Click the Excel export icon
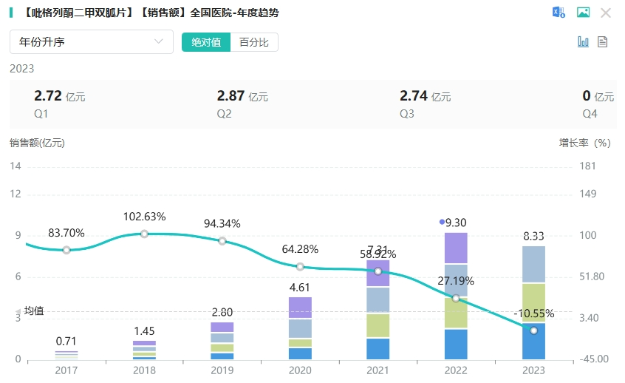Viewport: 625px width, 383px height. [x=559, y=13]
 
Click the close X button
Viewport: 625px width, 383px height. [x=606, y=13]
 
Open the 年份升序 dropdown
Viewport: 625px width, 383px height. [x=91, y=42]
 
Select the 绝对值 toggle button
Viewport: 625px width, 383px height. [x=206, y=42]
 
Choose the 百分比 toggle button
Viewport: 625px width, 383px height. [x=254, y=42]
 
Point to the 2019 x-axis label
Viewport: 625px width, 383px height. [x=222, y=370]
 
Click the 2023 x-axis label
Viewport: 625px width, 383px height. [x=533, y=370]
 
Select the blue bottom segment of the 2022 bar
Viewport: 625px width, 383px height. [x=456, y=345]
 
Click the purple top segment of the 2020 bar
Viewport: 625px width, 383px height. [x=300, y=308]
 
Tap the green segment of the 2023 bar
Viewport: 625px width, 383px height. [x=533, y=303]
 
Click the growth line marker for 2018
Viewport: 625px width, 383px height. [x=144, y=234]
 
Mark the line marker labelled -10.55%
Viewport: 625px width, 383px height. [x=533, y=330]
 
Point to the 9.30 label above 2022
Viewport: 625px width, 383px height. [x=456, y=222]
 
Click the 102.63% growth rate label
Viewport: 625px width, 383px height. [x=144, y=217]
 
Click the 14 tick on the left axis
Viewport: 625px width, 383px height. [x=16, y=166]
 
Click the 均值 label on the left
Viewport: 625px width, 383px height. [x=34, y=311]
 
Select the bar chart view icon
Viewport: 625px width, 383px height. [x=583, y=42]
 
